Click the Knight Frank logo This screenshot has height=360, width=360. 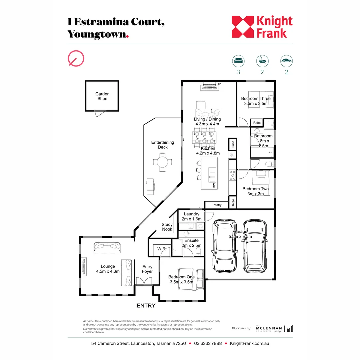(262, 27)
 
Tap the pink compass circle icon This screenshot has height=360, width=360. (76, 59)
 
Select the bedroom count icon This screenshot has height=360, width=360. (238, 61)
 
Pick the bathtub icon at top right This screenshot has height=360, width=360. (262, 61)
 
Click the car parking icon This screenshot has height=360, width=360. (286, 61)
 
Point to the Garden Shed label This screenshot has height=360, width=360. (102, 96)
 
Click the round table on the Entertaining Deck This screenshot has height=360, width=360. (163, 162)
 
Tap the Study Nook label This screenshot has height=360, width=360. (167, 227)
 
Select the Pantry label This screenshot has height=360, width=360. (217, 205)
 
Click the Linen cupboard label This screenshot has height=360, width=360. (233, 144)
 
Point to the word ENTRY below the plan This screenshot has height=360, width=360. (146, 305)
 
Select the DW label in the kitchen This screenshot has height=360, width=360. (214, 185)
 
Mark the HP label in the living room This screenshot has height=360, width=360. (219, 84)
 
